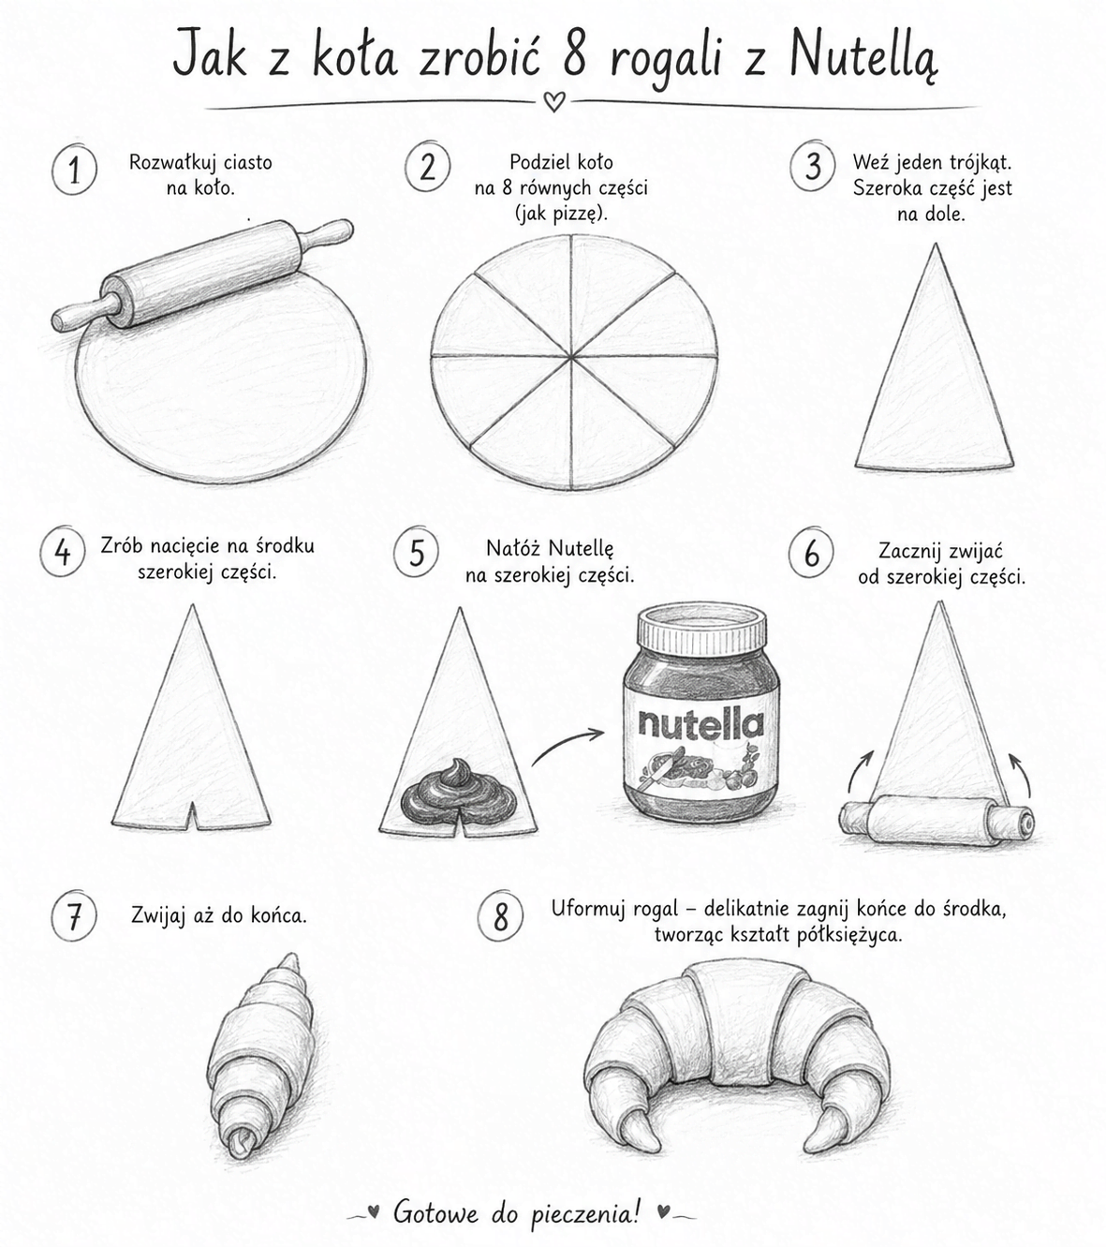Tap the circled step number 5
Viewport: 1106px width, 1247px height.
click(417, 552)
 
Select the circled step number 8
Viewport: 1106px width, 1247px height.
click(501, 916)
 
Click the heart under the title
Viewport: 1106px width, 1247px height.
click(553, 101)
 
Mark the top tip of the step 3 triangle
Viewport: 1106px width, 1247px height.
click(935, 244)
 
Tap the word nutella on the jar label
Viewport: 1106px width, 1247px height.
click(701, 724)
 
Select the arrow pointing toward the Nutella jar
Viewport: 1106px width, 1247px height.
click(565, 742)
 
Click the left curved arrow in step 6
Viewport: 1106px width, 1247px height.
click(860, 771)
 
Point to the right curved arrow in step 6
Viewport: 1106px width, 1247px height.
click(1019, 776)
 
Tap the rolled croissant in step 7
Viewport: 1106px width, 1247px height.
click(261, 1061)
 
